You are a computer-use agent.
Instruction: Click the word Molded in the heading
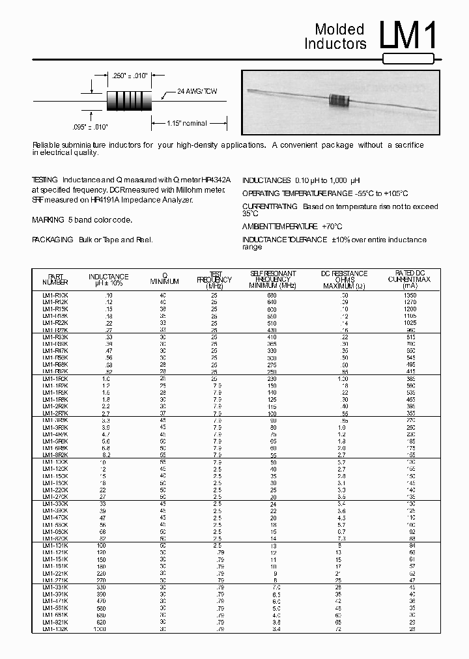click(339, 29)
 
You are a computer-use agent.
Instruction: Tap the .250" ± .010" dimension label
click(130, 76)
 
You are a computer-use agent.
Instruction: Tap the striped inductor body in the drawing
click(128, 101)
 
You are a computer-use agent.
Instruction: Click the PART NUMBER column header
click(55, 279)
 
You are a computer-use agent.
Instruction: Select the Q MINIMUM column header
click(164, 279)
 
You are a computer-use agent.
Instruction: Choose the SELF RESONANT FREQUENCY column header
click(273, 279)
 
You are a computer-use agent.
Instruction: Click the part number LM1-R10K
click(55, 296)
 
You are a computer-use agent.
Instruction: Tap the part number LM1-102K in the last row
click(55, 629)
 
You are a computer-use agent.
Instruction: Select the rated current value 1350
click(410, 296)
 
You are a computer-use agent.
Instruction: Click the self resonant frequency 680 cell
click(272, 296)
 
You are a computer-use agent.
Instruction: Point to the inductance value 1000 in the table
click(99, 629)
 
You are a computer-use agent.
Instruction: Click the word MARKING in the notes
click(48, 220)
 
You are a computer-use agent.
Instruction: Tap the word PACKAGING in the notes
click(52, 240)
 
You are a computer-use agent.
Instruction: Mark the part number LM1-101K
click(55, 546)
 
